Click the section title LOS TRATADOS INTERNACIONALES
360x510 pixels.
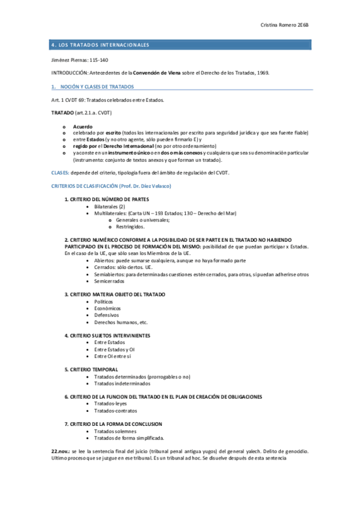click(x=106, y=46)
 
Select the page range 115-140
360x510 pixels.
click(x=99, y=61)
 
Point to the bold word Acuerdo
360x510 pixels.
click(x=82, y=127)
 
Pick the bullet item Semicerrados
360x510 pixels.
click(x=109, y=280)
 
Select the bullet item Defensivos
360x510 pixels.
click(x=106, y=315)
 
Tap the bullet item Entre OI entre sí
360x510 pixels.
click(x=112, y=355)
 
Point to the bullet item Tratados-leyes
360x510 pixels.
click(x=111, y=404)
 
